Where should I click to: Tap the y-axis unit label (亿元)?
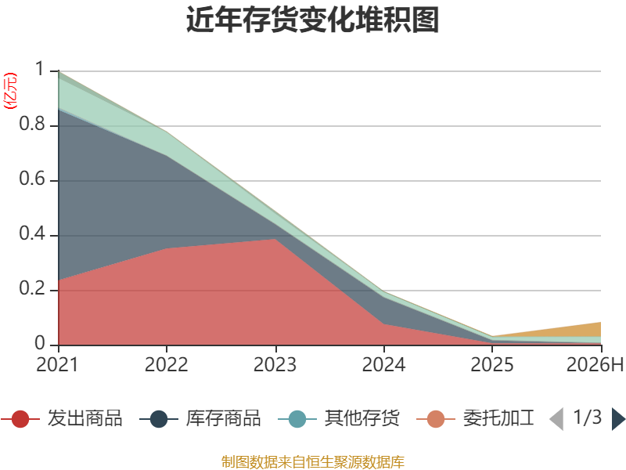click(10, 91)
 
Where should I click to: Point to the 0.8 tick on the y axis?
click(32, 124)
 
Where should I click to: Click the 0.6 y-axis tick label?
click(32, 179)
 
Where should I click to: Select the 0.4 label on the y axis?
click(32, 233)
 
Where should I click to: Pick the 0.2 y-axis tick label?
click(32, 288)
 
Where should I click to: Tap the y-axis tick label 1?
click(40, 69)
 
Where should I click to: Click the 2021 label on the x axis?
click(57, 364)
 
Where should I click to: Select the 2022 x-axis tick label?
click(166, 364)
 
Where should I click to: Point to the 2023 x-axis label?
click(275, 364)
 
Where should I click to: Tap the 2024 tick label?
click(383, 364)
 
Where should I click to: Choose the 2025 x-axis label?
click(492, 364)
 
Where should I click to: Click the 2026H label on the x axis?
click(595, 364)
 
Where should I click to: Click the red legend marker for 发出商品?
click(20, 419)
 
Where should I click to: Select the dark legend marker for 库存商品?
click(159, 419)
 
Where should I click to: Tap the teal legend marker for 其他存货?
click(297, 419)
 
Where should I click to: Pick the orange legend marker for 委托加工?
click(436, 419)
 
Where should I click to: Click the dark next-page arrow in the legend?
click(618, 419)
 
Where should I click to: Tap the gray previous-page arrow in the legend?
click(557, 419)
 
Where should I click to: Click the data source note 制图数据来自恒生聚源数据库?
click(313, 462)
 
